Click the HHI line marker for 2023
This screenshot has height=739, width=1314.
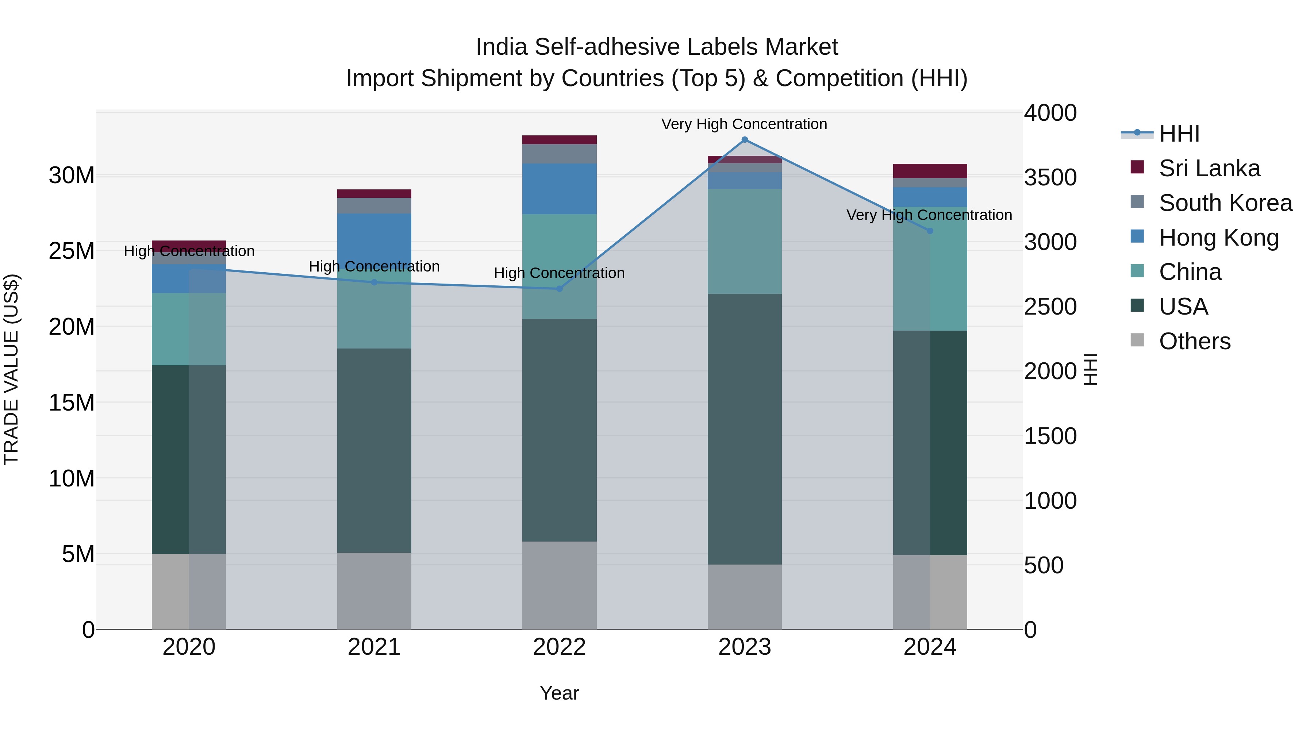(x=744, y=140)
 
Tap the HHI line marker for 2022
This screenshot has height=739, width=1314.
(x=559, y=289)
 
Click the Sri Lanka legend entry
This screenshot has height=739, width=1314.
(x=1209, y=168)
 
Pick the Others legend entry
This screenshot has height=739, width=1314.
(x=1194, y=341)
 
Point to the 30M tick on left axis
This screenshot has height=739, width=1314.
(x=72, y=176)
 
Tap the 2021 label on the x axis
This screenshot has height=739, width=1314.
(x=374, y=647)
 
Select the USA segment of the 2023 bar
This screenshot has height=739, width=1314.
(x=744, y=428)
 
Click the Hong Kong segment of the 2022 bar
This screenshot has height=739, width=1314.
(x=559, y=189)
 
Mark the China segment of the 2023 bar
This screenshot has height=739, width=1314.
(x=744, y=241)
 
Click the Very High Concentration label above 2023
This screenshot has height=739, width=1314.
(x=744, y=124)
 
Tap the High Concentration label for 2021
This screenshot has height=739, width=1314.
(x=374, y=266)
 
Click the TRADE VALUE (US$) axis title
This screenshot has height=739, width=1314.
(x=11, y=370)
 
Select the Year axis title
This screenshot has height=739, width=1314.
(x=559, y=693)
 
